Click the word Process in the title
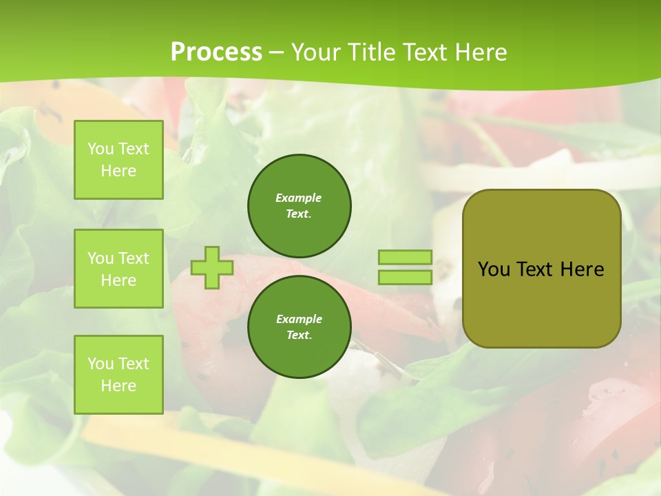point(216,52)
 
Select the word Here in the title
point(481,52)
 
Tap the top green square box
point(118,160)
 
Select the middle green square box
point(118,269)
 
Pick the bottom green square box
point(118,374)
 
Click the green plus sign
point(212,267)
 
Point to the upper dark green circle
point(300,205)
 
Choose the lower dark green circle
point(300,327)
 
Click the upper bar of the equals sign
point(405,258)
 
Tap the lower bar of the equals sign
point(405,277)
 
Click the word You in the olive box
point(494,269)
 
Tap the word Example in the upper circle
point(299,198)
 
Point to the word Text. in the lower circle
point(299,335)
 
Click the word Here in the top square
point(118,171)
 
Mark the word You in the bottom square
point(100,364)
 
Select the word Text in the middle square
point(134,258)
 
